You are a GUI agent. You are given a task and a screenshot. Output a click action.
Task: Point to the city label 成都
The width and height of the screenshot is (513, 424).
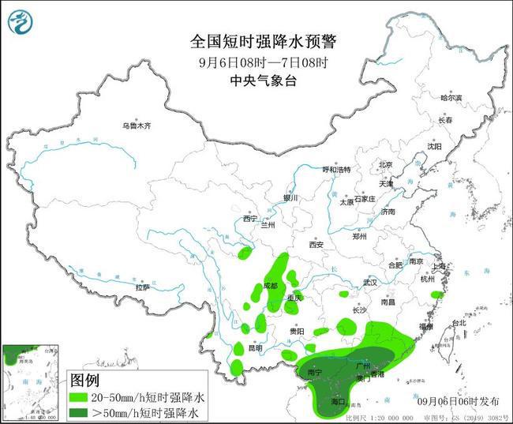271,285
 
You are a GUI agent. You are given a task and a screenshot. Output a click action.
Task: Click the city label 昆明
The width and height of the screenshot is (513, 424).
254,347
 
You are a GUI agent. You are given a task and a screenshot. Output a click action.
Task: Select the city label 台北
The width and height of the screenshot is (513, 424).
458,323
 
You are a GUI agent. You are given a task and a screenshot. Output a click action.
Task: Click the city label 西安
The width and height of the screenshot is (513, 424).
317,244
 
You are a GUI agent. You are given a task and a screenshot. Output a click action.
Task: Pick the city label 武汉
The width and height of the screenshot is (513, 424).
371,282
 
